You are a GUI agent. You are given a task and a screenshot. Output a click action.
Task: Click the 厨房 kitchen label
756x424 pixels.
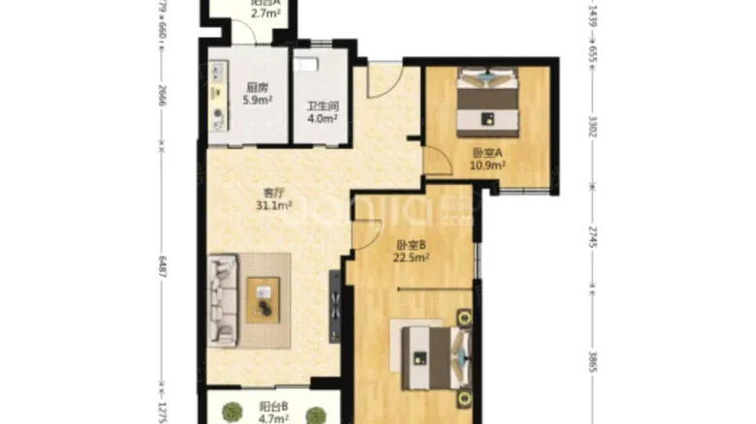(255, 84)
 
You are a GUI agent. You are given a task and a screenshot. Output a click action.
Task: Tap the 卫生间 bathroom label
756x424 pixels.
(323, 108)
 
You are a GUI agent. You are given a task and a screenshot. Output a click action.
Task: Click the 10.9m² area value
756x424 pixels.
(488, 167)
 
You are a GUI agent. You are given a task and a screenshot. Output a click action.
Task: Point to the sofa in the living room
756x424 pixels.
(223, 300)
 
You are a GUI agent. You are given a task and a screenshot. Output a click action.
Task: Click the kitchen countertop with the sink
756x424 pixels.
(218, 97)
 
